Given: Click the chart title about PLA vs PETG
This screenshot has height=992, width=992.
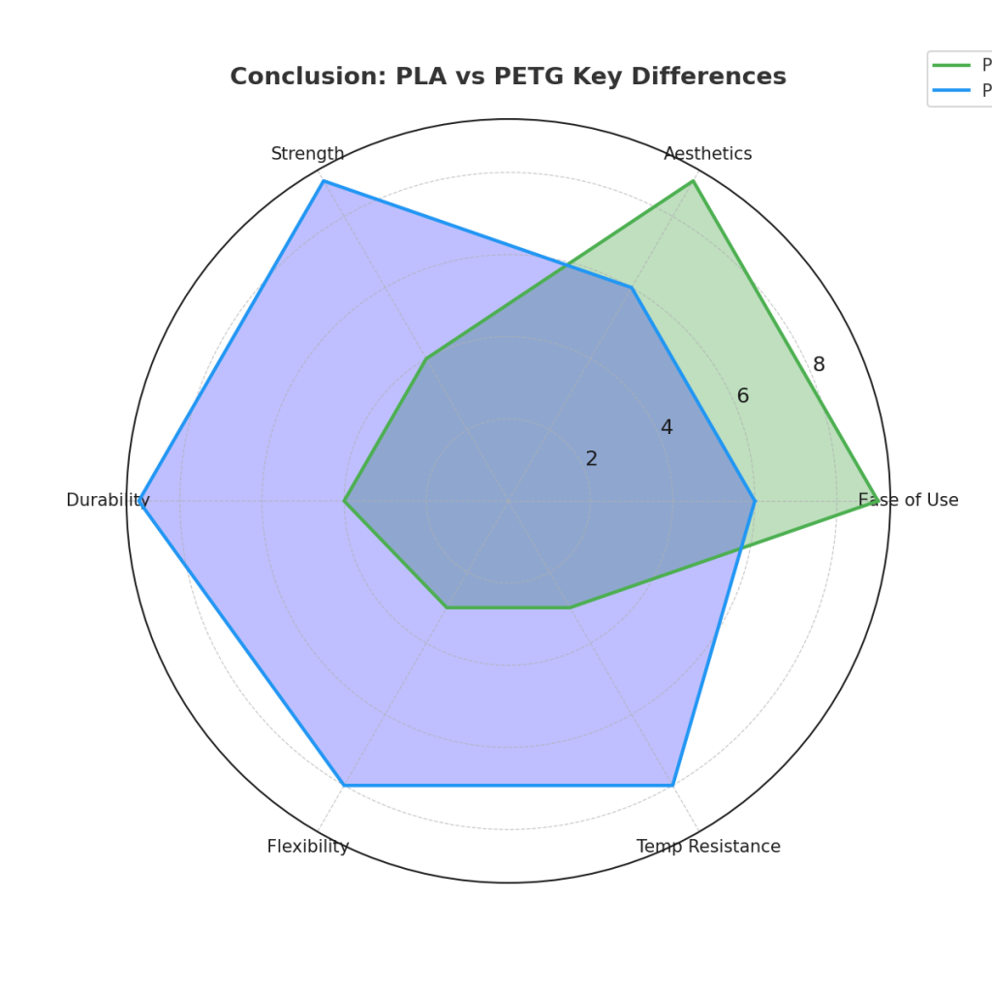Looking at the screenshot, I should tap(508, 77).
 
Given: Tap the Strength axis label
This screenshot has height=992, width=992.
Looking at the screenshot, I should tap(307, 154).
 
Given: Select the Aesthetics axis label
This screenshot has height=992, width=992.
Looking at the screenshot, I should tap(707, 154).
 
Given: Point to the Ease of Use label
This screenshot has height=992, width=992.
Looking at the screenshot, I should tap(908, 501).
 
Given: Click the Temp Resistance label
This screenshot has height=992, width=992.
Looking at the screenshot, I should tap(708, 847).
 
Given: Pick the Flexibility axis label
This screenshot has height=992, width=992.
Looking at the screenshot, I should tap(307, 847).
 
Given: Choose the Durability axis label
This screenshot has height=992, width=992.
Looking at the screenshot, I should tap(108, 501).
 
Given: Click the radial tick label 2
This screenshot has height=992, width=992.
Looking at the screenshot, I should tap(591, 459).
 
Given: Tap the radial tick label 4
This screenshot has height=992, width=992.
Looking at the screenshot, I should tap(666, 427).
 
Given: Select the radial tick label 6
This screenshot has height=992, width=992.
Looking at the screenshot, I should tap(742, 396).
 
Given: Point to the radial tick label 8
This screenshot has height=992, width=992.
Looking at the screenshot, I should tap(819, 365).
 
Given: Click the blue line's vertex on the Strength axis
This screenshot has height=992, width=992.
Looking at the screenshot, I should tap(323, 181).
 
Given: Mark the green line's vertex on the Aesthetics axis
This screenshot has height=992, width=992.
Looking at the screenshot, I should tap(693, 181).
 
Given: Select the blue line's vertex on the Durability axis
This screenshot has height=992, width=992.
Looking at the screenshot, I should tap(142, 501).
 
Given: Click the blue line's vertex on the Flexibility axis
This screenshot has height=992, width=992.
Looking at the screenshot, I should tap(344, 785).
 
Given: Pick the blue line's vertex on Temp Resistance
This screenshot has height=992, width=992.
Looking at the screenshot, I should tap(672, 785).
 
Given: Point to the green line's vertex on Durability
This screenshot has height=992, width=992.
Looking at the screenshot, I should tap(344, 501).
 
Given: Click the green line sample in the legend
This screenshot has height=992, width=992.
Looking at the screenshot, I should tap(951, 65).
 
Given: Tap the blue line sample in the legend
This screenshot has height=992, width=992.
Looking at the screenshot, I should tap(951, 90).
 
